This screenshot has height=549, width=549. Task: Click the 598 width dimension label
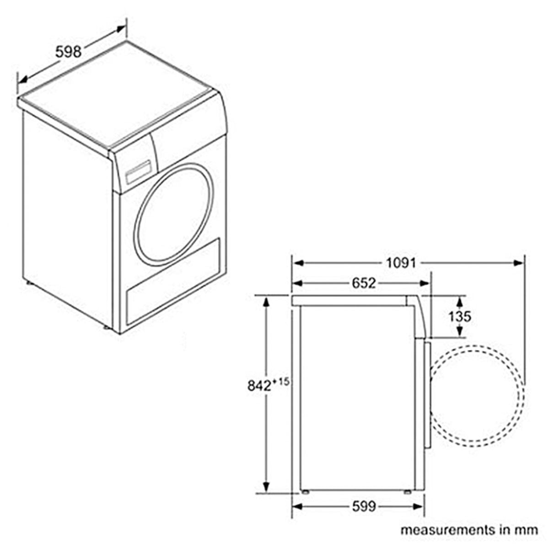tap(68, 52)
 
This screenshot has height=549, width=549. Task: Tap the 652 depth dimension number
tap(364, 284)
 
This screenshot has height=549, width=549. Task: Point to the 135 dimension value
tap(459, 317)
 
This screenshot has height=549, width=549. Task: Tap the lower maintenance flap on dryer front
tap(172, 284)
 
